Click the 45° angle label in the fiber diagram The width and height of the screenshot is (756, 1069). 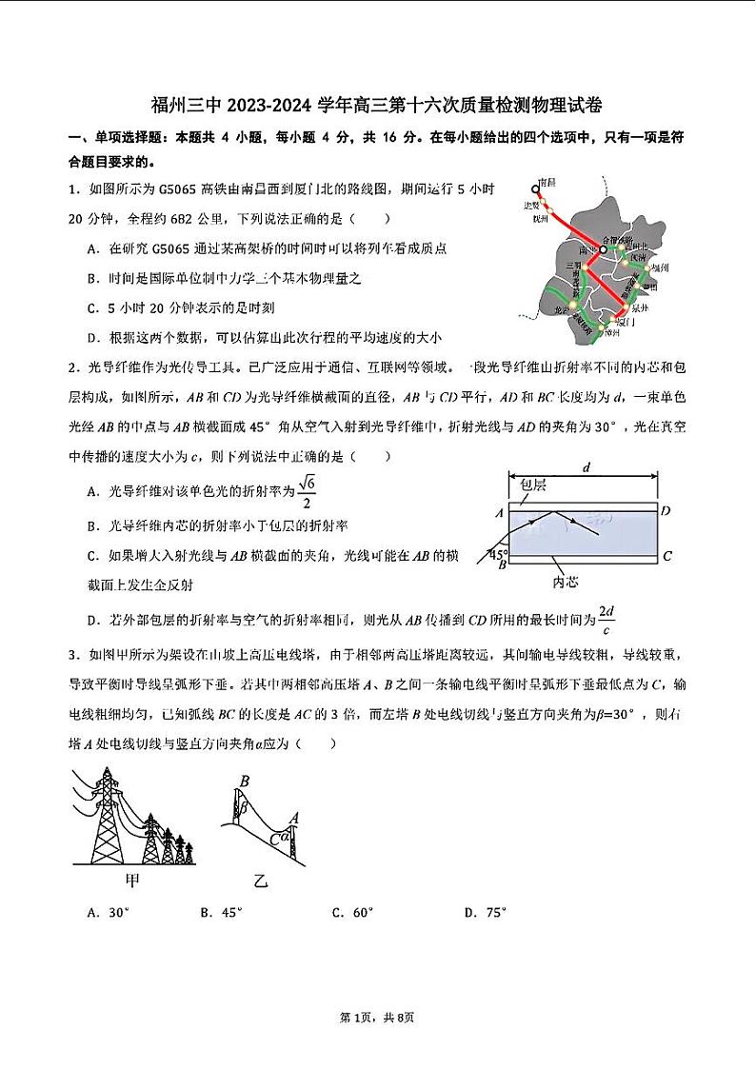[498, 553]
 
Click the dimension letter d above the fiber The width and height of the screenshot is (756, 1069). [586, 466]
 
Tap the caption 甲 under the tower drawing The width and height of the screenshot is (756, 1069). [135, 879]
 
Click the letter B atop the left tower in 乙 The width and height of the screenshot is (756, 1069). [244, 782]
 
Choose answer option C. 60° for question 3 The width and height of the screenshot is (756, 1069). [352, 913]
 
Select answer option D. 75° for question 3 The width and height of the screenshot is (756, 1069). [485, 913]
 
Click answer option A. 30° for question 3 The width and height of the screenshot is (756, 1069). [107, 913]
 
